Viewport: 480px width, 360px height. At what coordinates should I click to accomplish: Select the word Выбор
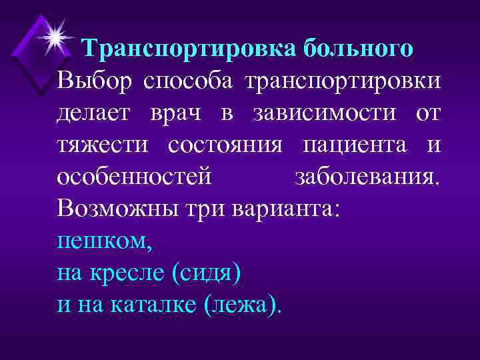pyautogui.click(x=94, y=81)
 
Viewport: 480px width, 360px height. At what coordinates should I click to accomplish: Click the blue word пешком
pyautogui.click(x=105, y=240)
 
